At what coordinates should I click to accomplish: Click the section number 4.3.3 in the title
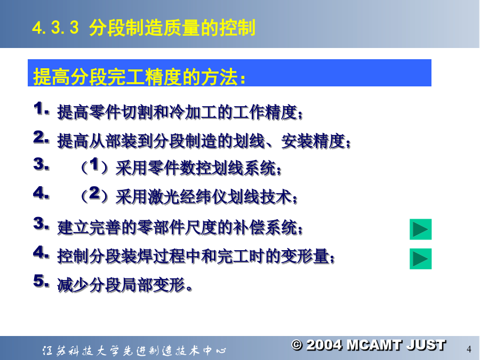point(55,28)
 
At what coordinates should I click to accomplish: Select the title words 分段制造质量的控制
point(172,28)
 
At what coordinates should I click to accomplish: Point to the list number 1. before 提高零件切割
point(41,109)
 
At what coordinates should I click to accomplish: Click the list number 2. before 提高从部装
point(41,137)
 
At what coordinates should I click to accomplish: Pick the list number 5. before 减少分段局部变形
point(41,281)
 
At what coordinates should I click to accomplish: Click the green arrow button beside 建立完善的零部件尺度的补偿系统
point(421,229)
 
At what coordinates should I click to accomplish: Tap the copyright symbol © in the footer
point(297,345)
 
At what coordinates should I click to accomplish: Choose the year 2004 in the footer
point(324,345)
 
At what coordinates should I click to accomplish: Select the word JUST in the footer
point(426,345)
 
